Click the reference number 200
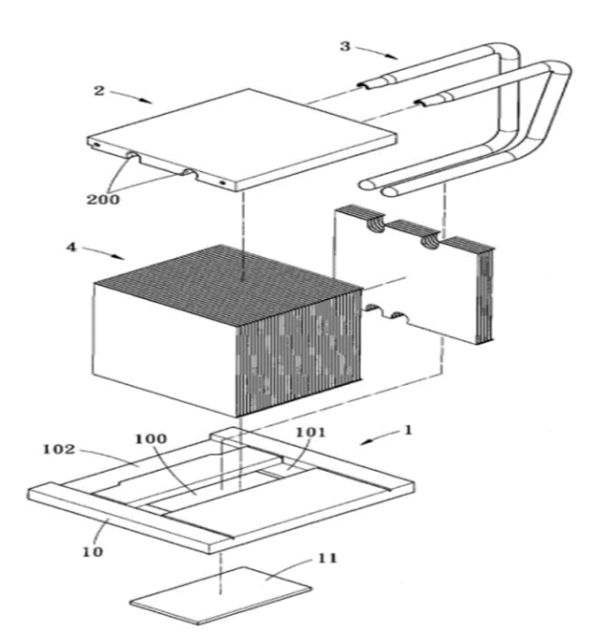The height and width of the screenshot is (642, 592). point(103,199)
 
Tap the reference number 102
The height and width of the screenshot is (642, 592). point(59,449)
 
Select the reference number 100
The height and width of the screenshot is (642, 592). point(151,439)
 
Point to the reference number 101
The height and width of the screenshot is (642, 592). point(310,432)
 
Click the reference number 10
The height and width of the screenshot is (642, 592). point(93,551)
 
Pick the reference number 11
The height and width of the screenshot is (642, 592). point(327,558)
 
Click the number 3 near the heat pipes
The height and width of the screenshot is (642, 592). point(345,47)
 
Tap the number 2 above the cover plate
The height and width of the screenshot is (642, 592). point(99,91)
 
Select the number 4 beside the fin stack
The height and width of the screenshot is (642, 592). point(71,248)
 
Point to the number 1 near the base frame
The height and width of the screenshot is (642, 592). point(408,430)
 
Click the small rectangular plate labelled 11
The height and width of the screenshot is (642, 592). point(222,595)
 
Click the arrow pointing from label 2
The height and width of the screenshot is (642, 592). point(131,97)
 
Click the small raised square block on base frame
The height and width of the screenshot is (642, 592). point(228,434)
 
